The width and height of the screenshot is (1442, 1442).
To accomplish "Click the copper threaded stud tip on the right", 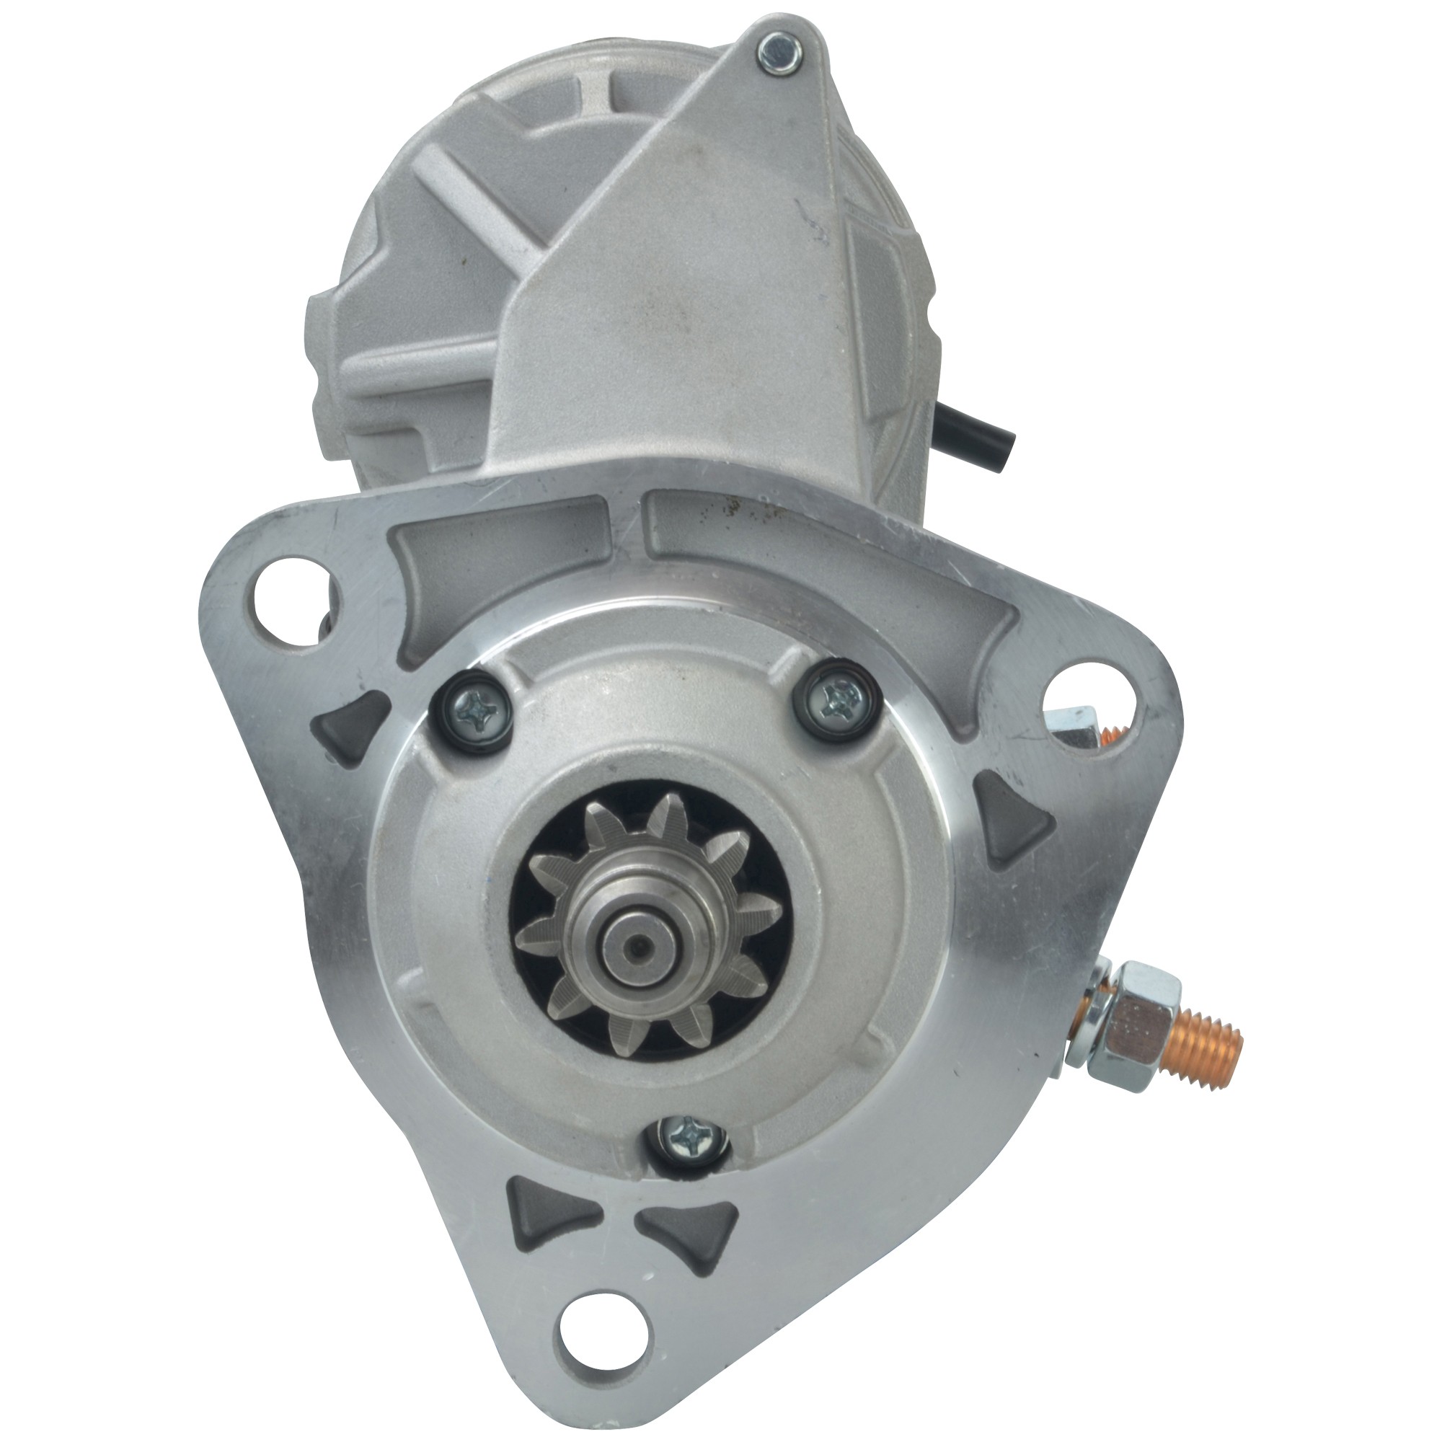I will pyautogui.click(x=1202, y=1051).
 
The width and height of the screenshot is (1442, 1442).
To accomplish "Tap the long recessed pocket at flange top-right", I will pyautogui.click(x=836, y=552).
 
